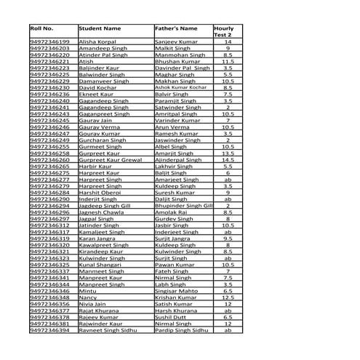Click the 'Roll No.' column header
[42, 28]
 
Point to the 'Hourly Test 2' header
[223, 31]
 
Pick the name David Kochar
[95, 87]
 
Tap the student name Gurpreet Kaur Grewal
[110, 160]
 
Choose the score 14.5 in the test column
[228, 160]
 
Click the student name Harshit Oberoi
[98, 192]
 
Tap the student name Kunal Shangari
[100, 265]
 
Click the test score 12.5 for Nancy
[228, 297]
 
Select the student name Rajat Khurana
[98, 310]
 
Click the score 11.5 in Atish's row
[228, 62]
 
